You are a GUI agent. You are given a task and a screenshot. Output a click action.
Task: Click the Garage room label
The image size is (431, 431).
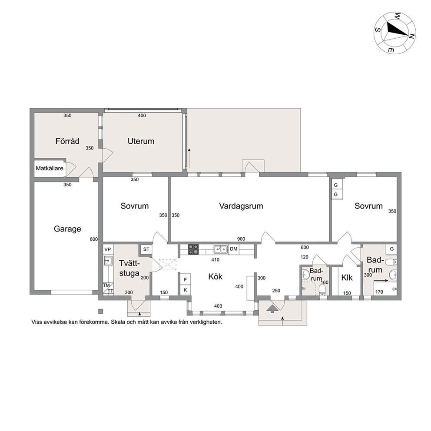point(67,229)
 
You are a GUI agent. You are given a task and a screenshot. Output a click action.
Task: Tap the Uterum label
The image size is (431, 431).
point(141,141)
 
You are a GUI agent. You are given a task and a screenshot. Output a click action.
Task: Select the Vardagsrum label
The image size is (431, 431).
point(241,206)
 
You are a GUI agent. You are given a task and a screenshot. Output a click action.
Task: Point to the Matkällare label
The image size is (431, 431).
point(50,168)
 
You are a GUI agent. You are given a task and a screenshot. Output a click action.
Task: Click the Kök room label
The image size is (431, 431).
point(215,276)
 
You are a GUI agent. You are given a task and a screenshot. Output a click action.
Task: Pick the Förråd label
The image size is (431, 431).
point(67,141)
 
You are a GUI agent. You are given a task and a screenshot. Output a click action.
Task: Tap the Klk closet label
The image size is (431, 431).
point(347,278)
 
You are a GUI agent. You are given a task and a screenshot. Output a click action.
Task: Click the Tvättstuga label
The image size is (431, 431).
point(129,268)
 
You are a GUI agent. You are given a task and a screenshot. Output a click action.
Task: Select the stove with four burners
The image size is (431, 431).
point(193,249)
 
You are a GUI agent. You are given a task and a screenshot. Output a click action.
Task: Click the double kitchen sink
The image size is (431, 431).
point(221,249)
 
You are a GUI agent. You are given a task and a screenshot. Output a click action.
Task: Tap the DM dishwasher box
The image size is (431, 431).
point(234,249)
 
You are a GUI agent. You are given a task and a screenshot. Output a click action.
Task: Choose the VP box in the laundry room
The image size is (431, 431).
point(107,249)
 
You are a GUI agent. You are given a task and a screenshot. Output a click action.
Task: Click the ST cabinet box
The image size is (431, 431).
point(146,249)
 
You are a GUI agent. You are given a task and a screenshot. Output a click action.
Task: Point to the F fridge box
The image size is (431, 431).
point(185,279)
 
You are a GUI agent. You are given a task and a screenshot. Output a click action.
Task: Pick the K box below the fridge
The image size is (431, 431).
point(185,290)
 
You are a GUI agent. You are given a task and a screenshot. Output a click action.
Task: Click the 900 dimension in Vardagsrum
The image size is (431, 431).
point(241,239)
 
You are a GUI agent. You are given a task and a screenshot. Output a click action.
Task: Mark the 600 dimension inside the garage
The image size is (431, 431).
point(94,239)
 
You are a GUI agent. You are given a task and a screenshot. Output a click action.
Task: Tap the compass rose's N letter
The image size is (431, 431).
point(411,36)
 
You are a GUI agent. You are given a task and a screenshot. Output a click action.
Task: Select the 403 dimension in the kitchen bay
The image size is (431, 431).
point(218,306)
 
